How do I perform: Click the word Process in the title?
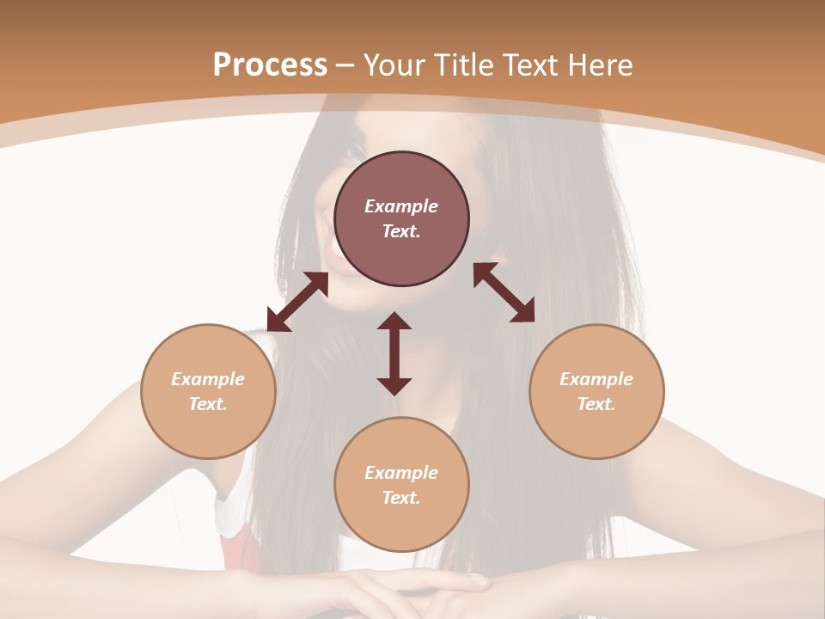270,65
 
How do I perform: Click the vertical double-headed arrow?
394,353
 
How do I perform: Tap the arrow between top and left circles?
297,302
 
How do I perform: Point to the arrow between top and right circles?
504,292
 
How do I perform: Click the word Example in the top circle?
401,206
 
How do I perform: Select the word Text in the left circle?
208,404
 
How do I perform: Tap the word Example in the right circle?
596,379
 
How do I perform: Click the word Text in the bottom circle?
401,498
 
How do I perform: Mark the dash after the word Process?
345,65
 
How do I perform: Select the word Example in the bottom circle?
401,473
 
